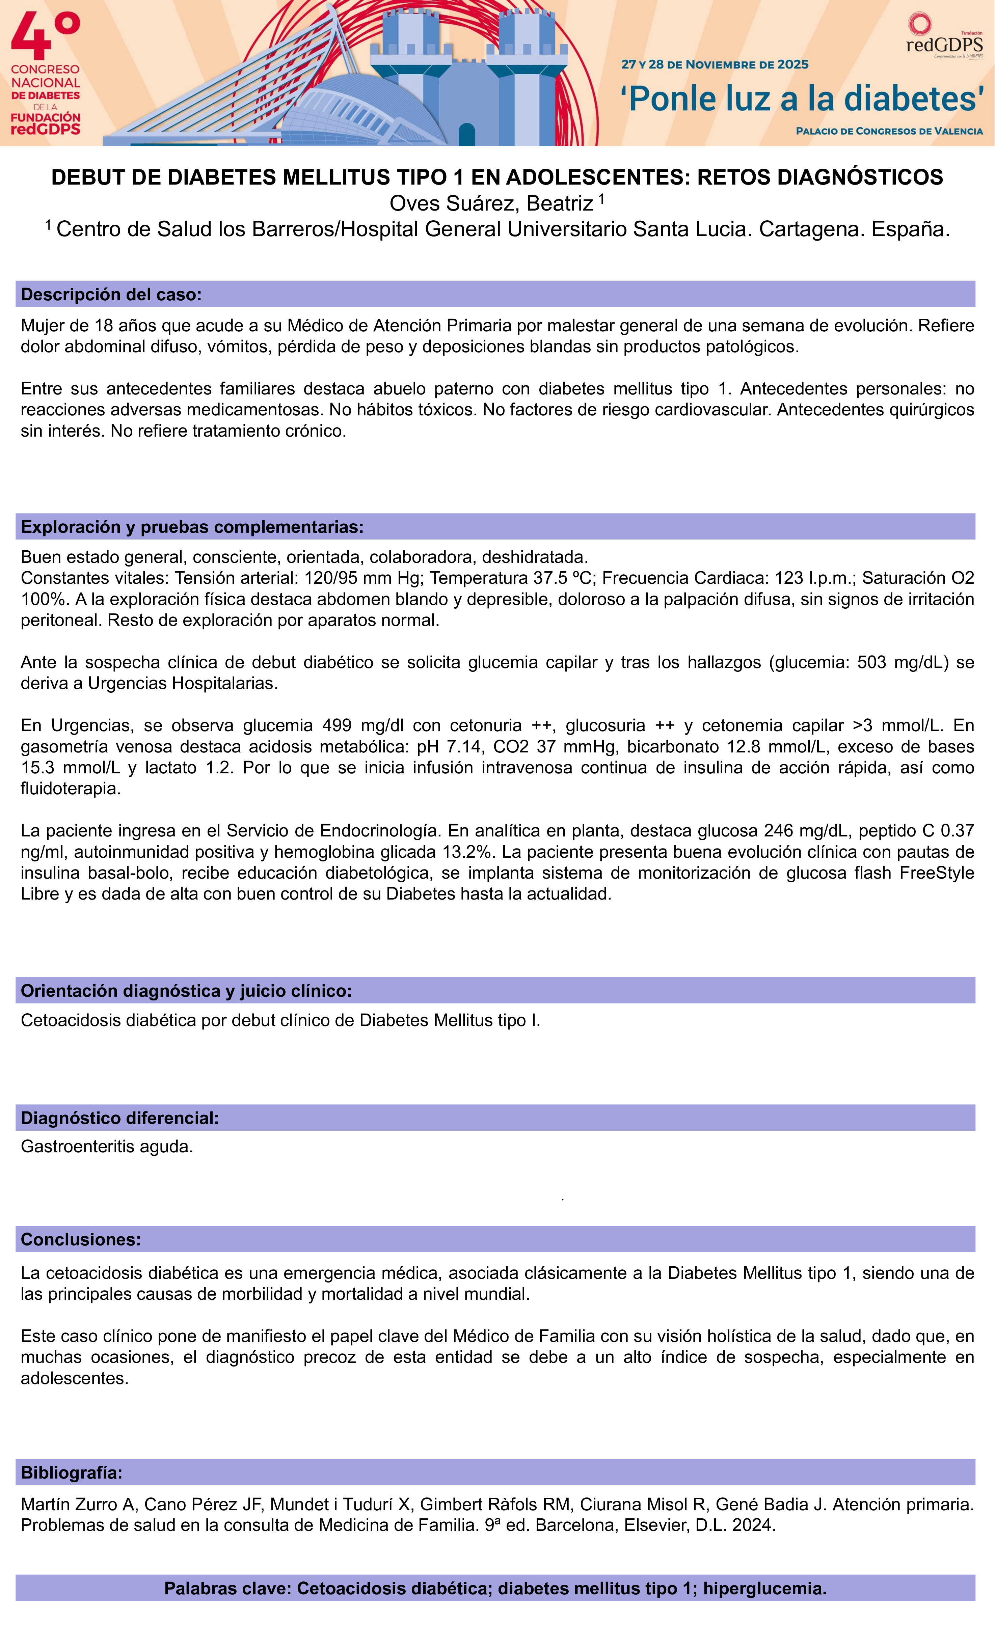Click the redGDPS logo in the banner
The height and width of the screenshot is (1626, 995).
pyautogui.click(x=944, y=39)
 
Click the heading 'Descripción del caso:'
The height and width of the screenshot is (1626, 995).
pyautogui.click(x=111, y=294)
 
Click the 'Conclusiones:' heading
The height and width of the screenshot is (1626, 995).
pyautogui.click(x=81, y=1239)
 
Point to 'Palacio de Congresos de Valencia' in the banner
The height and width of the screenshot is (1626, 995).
pyautogui.click(x=889, y=131)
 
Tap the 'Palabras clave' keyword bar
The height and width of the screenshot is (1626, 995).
pyautogui.click(x=495, y=1589)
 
